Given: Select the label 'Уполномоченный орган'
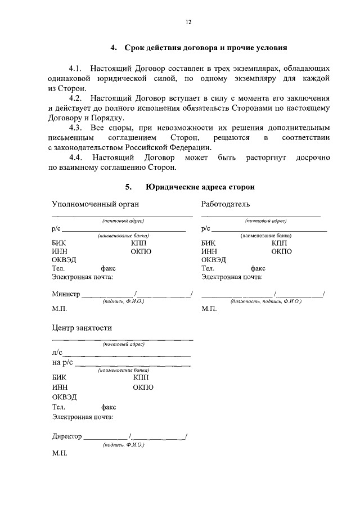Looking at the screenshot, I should (x=95, y=204).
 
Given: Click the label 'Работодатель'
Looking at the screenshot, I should (x=226, y=204).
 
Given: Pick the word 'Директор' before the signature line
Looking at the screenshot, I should (x=67, y=436).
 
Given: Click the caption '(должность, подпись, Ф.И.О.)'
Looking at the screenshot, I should (x=266, y=302).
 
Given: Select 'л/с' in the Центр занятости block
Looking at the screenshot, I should (x=57, y=353).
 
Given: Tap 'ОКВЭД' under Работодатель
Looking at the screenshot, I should (x=214, y=260).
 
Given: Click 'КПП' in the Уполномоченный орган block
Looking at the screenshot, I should (x=138, y=242).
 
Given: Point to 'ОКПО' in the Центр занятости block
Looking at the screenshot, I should (x=143, y=387).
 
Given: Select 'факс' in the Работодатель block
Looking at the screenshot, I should (x=258, y=268).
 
